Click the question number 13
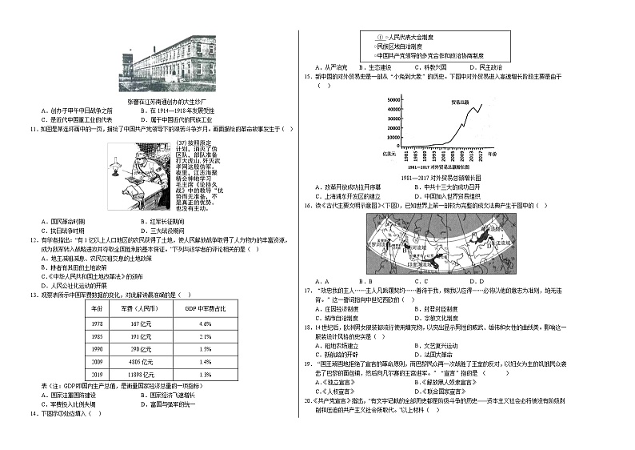pos(33,294)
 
